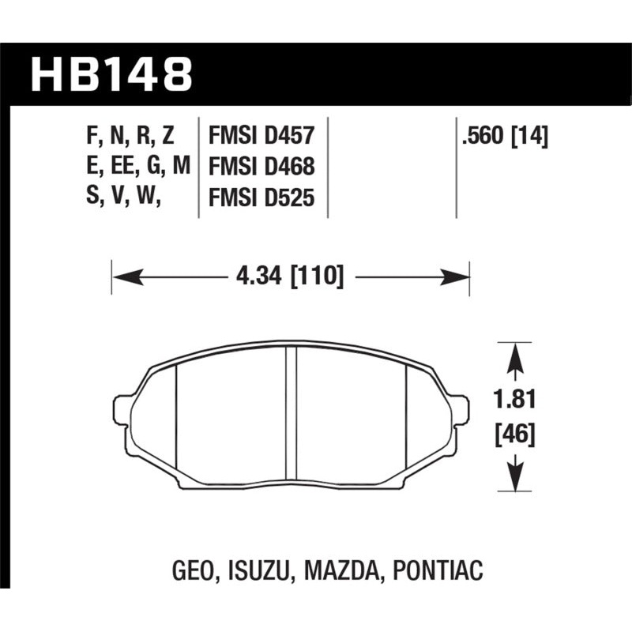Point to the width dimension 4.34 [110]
coord(289,277)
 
